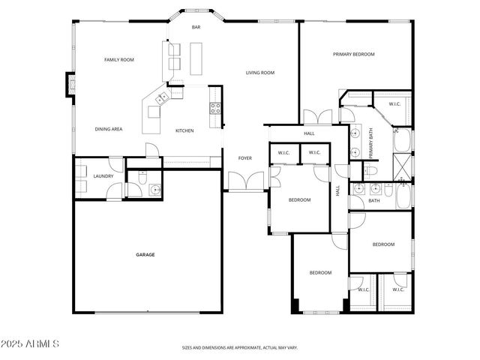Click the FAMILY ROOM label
pyautogui.click(x=118, y=59)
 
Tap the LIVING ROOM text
pyautogui.click(x=259, y=73)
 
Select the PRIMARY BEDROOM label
pyautogui.click(x=353, y=54)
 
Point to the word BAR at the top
pyautogui.click(x=196, y=28)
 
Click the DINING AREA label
pyautogui.click(x=109, y=129)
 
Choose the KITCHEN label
pyautogui.click(x=184, y=130)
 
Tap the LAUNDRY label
pyautogui.click(x=103, y=176)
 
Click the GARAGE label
pyautogui.click(x=145, y=255)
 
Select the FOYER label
pyautogui.click(x=244, y=158)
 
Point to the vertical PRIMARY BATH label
pyautogui.click(x=370, y=142)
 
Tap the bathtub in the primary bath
pyautogui.click(x=401, y=139)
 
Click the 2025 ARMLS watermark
pyautogui.click(x=31, y=343)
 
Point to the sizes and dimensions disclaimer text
pyautogui.click(x=239, y=348)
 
